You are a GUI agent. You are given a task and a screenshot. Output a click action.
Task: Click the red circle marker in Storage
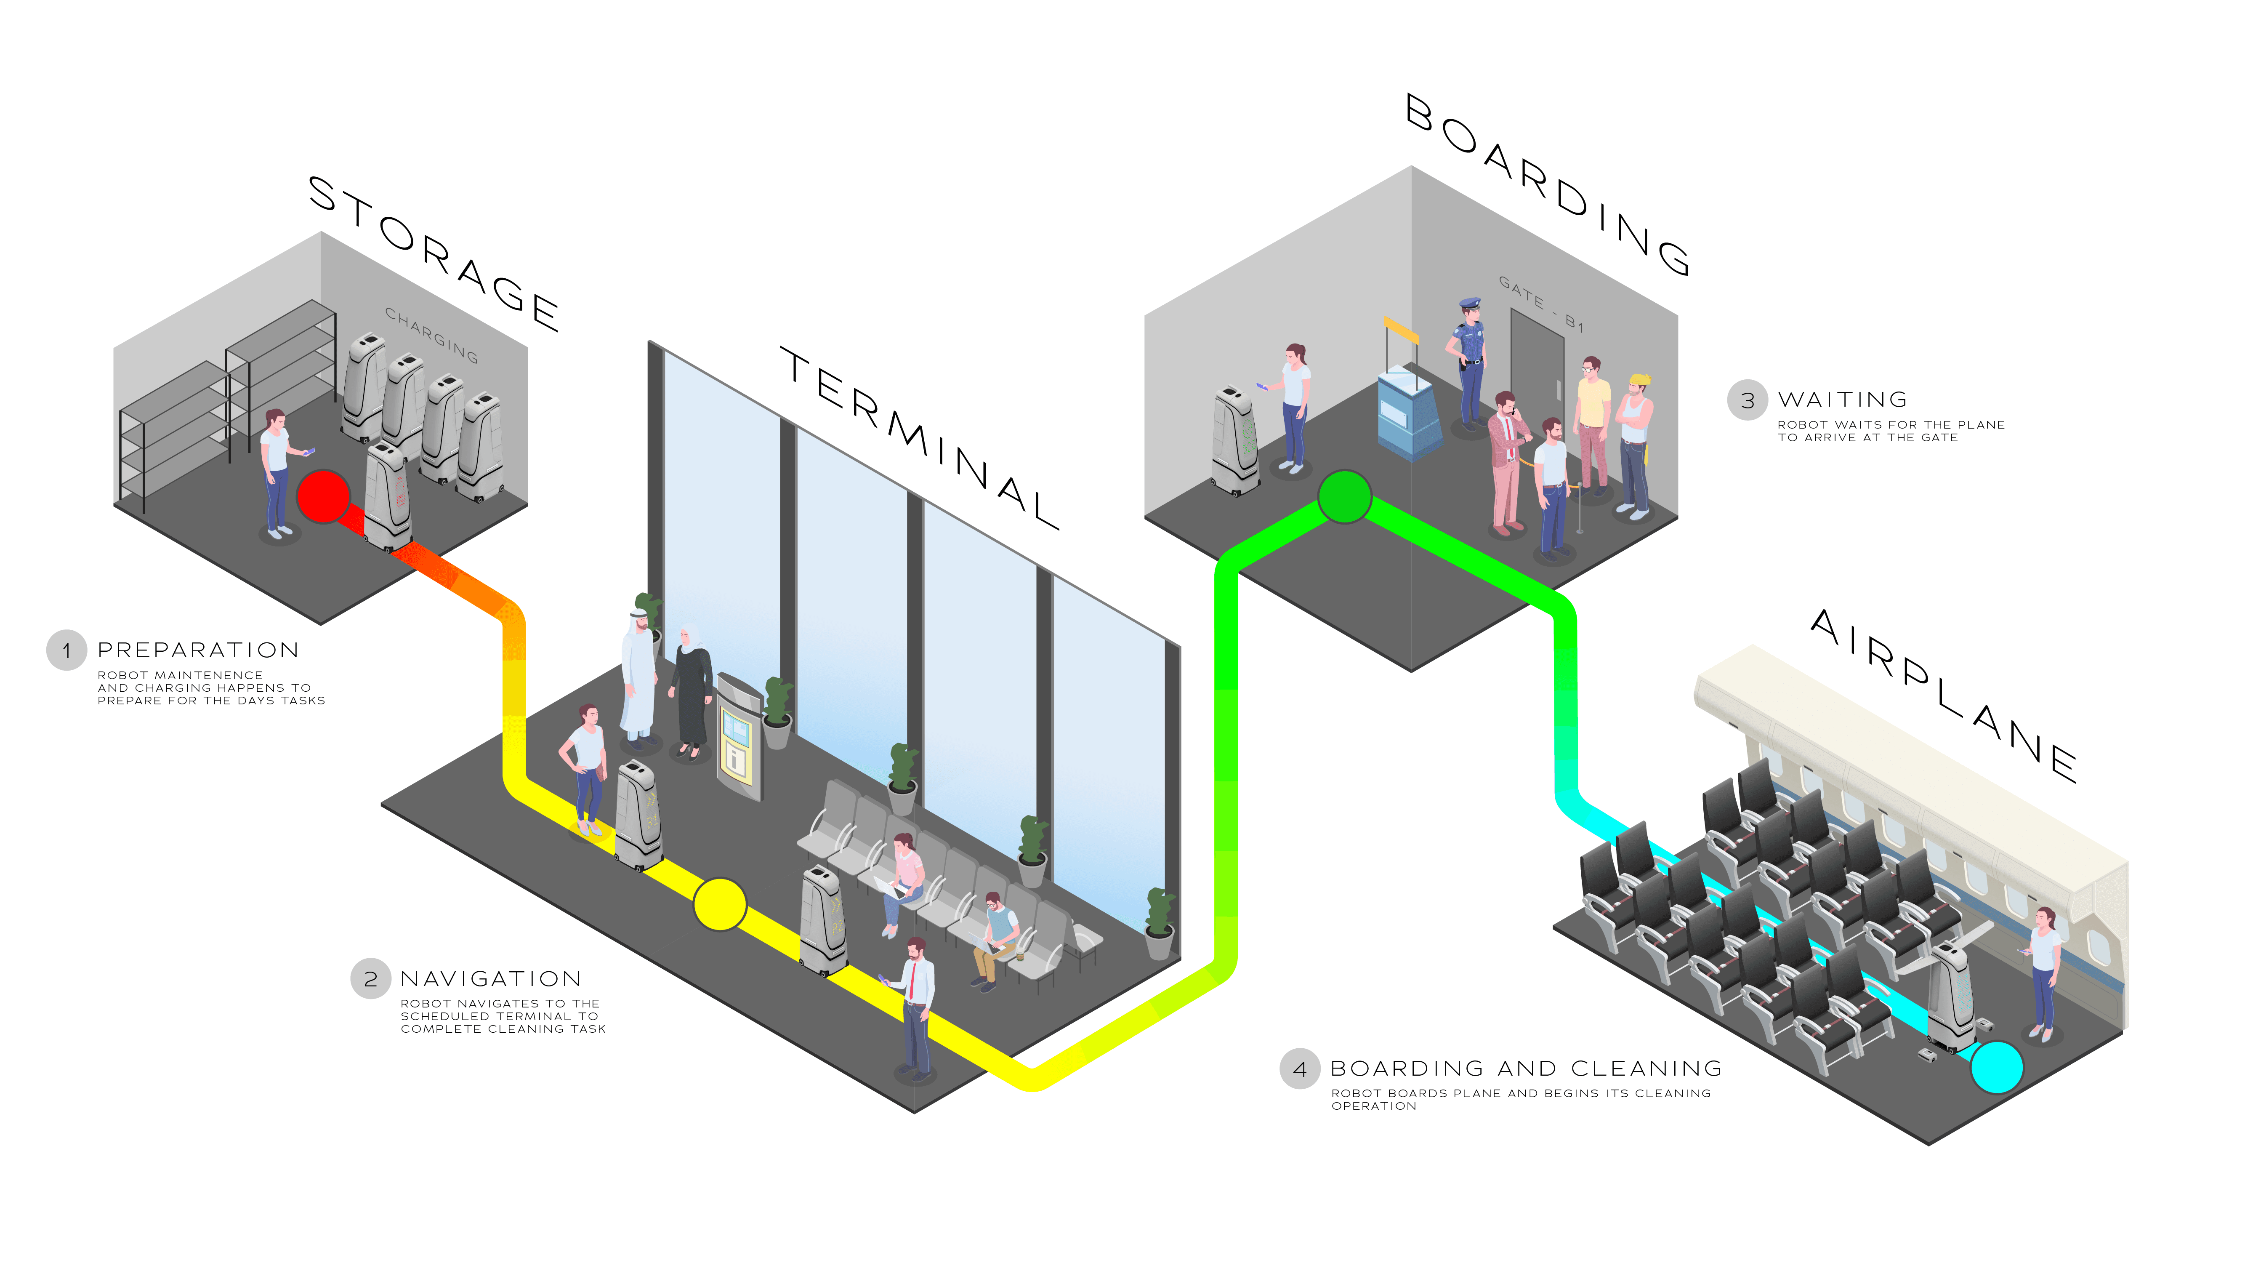click(323, 496)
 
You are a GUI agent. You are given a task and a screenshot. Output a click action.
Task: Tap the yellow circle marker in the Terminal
click(720, 904)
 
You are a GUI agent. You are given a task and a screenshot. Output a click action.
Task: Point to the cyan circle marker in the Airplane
click(1996, 1067)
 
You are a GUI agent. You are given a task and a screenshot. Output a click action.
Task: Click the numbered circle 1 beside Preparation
click(66, 650)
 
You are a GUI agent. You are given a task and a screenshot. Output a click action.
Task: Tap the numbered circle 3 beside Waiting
click(1748, 400)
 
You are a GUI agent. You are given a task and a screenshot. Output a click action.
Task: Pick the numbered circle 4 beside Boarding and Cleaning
click(1299, 1068)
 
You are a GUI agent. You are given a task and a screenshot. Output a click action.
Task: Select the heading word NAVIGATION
click(491, 979)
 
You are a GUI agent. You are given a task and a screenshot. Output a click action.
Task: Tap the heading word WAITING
click(1842, 400)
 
